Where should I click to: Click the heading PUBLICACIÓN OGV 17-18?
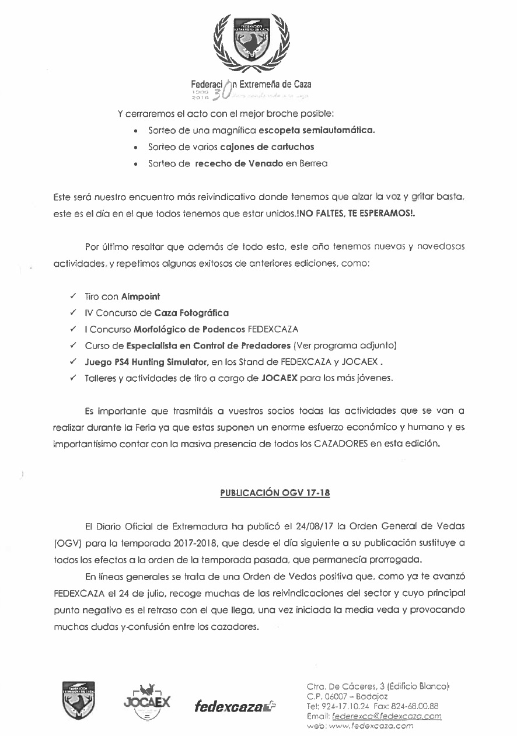[x=275, y=493]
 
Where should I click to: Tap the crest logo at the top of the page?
[x=251, y=41]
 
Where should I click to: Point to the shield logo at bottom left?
[x=79, y=700]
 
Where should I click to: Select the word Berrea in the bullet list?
[x=314, y=164]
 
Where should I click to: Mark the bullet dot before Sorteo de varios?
[x=136, y=148]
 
